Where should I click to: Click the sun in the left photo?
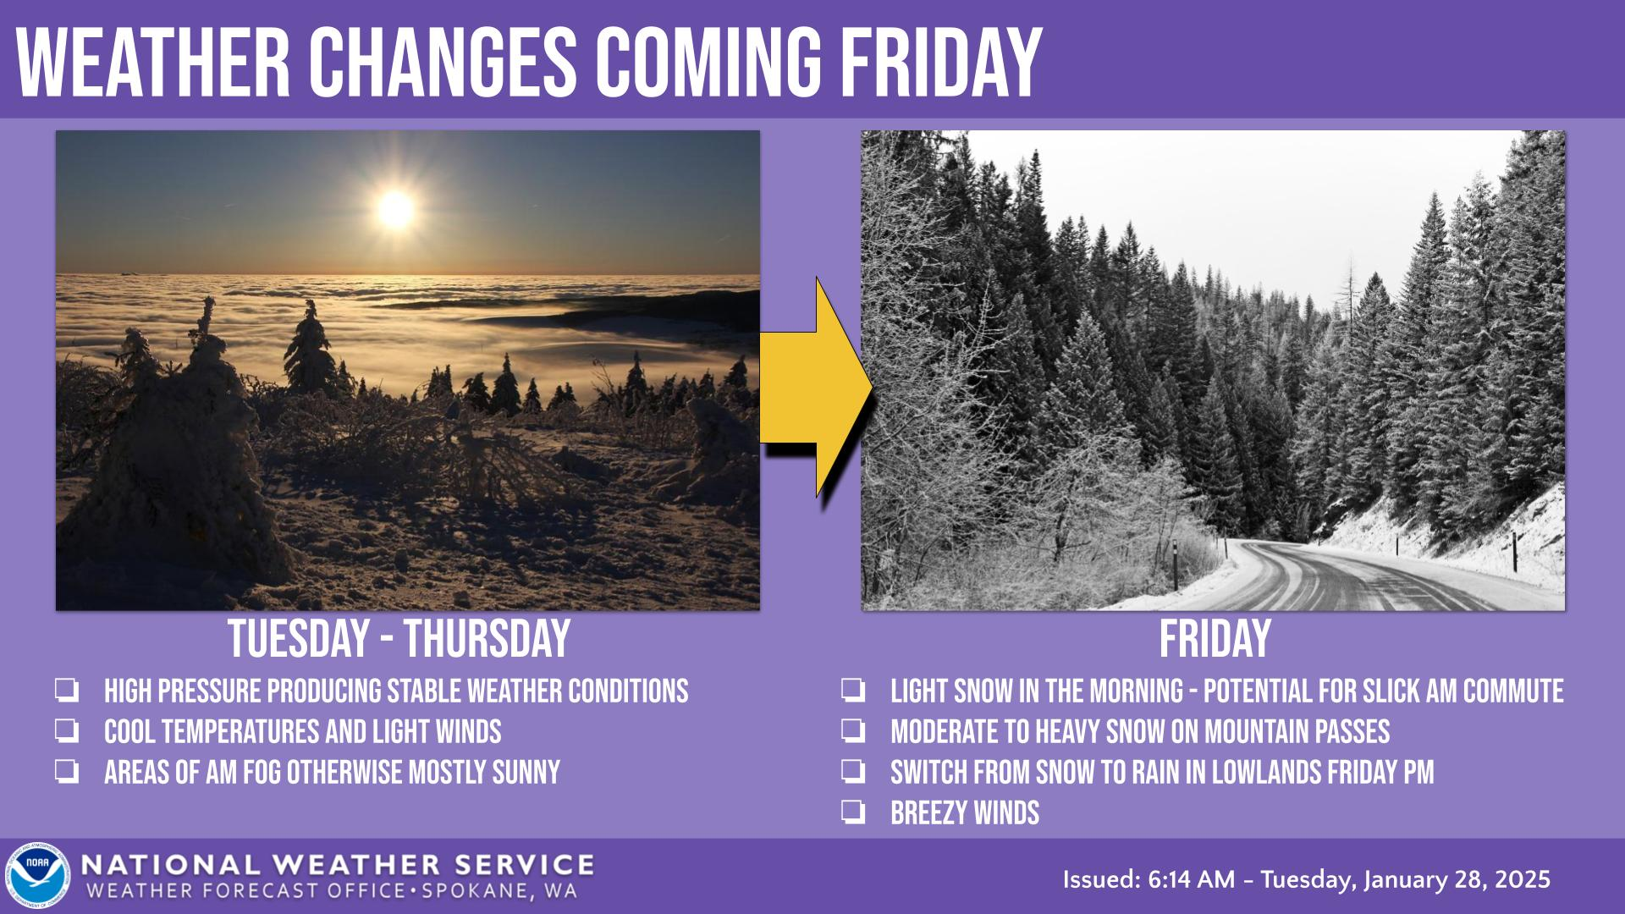395,208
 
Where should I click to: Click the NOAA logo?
37,876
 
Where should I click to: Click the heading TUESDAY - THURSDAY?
399,639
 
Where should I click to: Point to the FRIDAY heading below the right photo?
1215,639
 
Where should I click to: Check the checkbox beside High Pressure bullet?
67,691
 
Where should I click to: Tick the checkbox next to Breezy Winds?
853,814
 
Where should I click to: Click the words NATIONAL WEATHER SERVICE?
338,865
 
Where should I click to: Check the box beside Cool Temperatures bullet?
67,732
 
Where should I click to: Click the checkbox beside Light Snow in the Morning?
853,691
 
